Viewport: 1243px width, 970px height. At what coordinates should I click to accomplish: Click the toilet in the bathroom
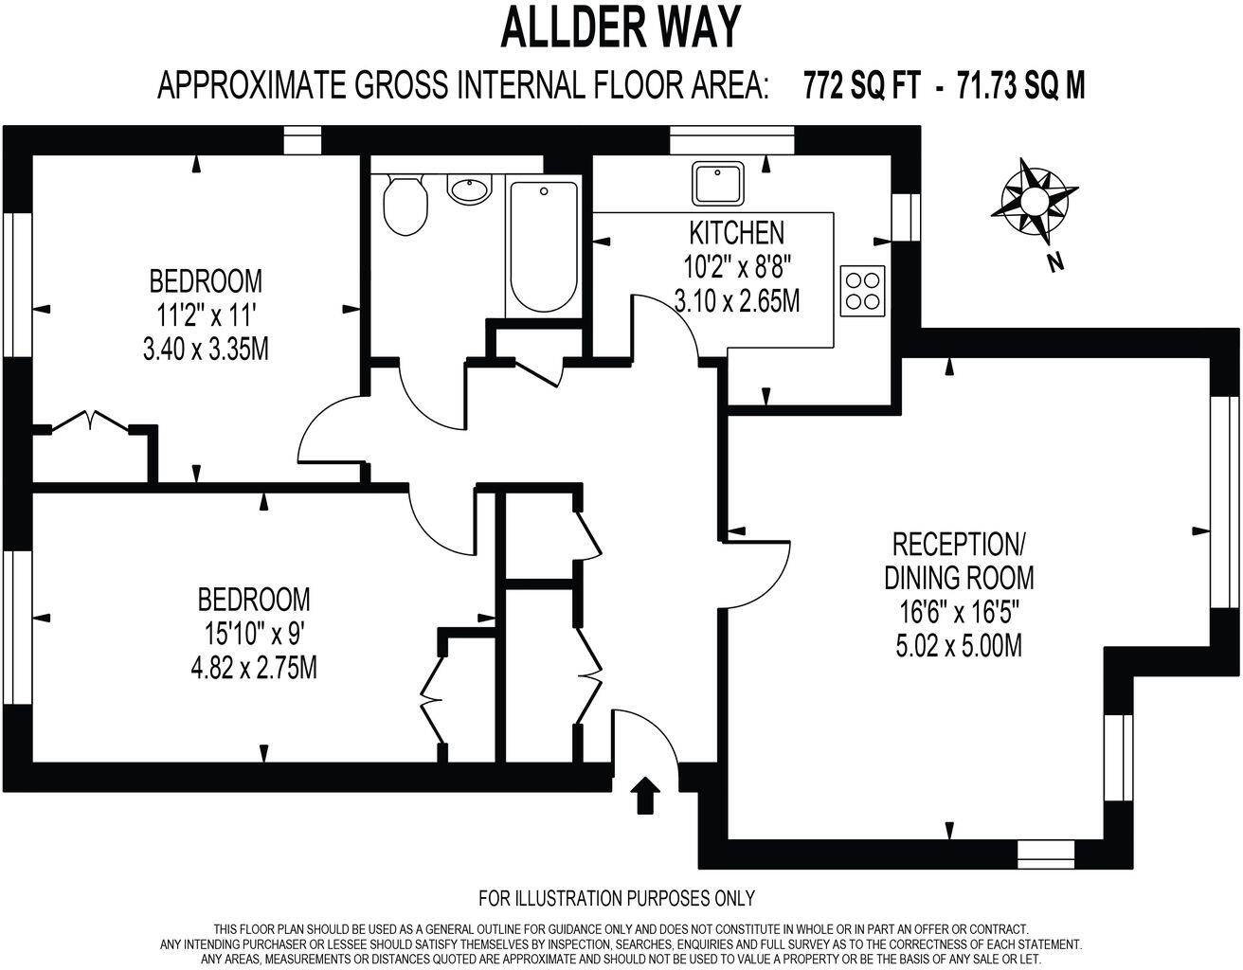pyautogui.click(x=405, y=204)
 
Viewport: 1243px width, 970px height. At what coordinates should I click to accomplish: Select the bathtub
pyautogui.click(x=543, y=247)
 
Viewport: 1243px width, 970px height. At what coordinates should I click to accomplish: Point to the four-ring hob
pyautogui.click(x=861, y=290)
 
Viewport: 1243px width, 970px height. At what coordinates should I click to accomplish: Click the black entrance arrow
pyautogui.click(x=645, y=795)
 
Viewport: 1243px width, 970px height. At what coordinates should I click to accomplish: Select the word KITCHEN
pyautogui.click(x=736, y=232)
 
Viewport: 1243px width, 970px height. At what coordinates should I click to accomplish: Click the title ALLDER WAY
pyautogui.click(x=620, y=28)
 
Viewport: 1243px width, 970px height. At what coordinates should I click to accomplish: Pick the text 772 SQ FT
pyautogui.click(x=861, y=86)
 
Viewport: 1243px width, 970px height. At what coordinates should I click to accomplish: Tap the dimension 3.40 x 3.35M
pyautogui.click(x=206, y=349)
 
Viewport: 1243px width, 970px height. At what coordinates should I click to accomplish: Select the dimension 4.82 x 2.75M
pyautogui.click(x=253, y=668)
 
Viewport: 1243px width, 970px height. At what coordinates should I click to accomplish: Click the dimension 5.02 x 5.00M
pyautogui.click(x=958, y=646)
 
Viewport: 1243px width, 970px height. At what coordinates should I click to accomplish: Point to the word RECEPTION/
pyautogui.click(x=958, y=545)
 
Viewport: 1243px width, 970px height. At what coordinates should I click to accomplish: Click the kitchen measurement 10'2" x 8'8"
pyautogui.click(x=737, y=266)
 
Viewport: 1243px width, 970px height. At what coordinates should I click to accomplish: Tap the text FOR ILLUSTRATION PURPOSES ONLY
pyautogui.click(x=617, y=897)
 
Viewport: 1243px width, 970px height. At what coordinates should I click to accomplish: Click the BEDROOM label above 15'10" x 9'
pyautogui.click(x=253, y=600)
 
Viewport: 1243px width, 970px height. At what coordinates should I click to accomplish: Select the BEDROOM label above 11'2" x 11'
pyautogui.click(x=206, y=280)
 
